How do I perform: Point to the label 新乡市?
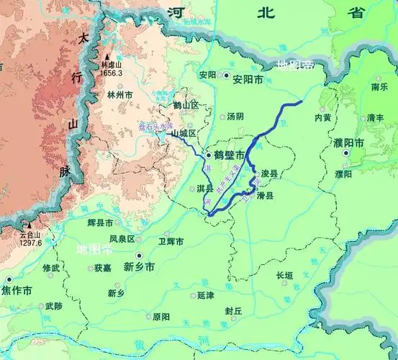pyautogui.click(x=140, y=267)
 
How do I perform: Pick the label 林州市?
pyautogui.click(x=119, y=95)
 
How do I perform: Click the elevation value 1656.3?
pyautogui.click(x=111, y=73)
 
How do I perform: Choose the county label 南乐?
pyautogui.click(x=379, y=87)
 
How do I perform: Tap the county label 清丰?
pyautogui.click(x=375, y=117)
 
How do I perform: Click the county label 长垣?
pyautogui.click(x=284, y=275)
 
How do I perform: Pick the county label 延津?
pyautogui.click(x=205, y=296)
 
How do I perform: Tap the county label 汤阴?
pyautogui.click(x=235, y=116)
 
